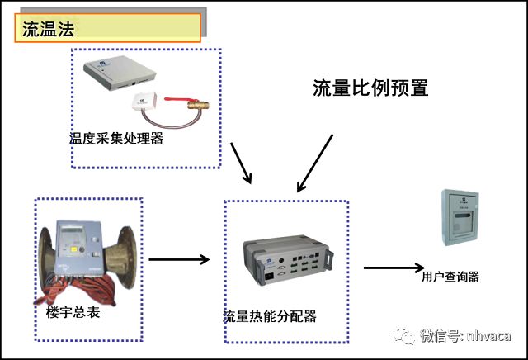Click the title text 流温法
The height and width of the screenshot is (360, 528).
click(x=49, y=29)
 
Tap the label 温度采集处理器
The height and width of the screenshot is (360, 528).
click(x=116, y=139)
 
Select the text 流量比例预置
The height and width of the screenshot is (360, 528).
click(x=370, y=88)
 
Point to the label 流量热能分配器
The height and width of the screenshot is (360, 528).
click(x=270, y=317)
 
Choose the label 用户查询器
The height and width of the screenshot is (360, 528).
click(x=450, y=277)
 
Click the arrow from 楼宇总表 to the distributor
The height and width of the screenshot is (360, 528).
click(x=179, y=259)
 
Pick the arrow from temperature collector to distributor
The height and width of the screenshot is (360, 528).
click(x=241, y=163)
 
